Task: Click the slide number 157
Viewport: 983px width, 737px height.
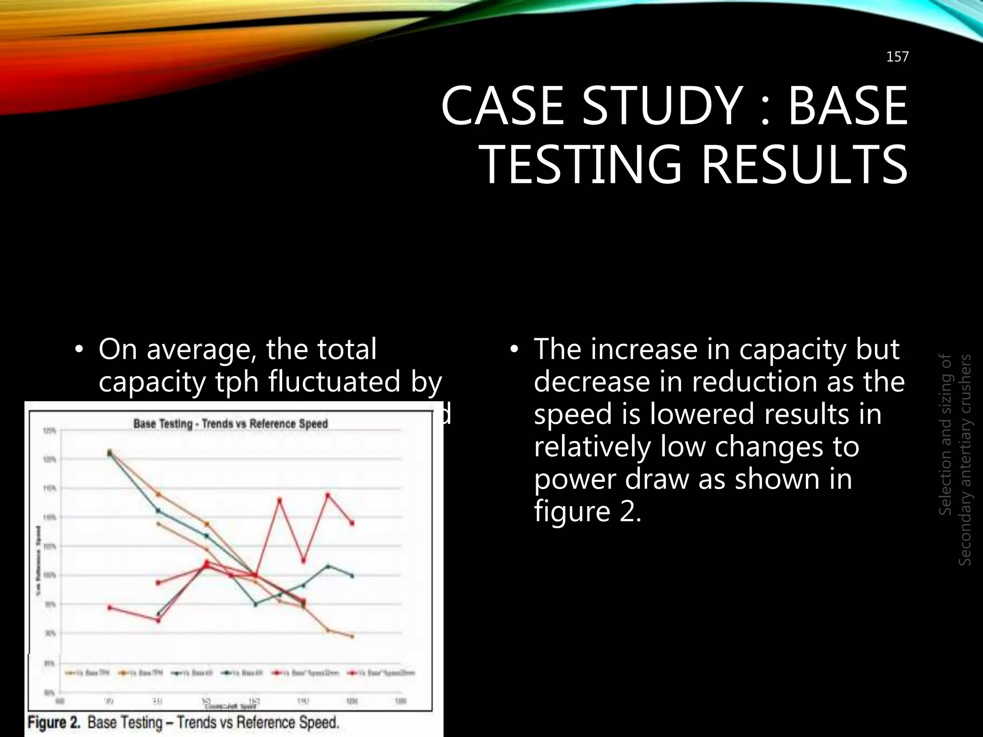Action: point(897,57)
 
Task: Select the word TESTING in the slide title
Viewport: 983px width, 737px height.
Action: point(581,165)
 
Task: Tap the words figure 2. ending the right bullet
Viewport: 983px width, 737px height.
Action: point(587,511)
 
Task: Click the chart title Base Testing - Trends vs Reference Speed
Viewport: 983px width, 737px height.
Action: point(230,424)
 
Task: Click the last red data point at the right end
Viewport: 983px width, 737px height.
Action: point(352,523)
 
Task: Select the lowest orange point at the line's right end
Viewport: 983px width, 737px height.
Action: point(352,637)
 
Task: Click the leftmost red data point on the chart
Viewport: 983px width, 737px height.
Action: point(109,607)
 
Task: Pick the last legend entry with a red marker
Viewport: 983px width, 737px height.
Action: point(384,673)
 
